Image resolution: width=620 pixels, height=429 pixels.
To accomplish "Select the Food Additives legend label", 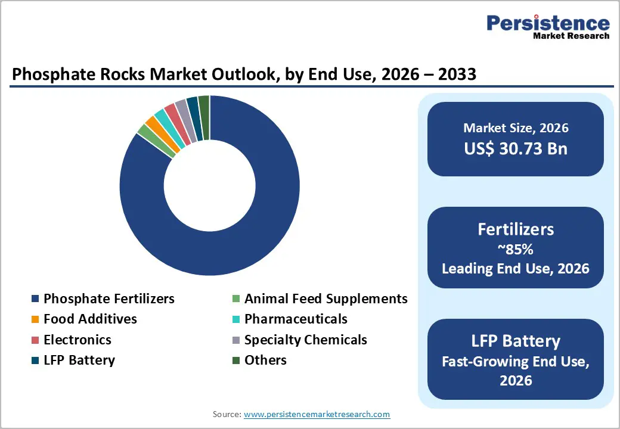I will coord(90,319).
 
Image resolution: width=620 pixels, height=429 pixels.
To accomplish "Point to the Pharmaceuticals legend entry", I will coord(296,319).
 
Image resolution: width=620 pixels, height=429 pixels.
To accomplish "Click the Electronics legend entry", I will coord(77,340).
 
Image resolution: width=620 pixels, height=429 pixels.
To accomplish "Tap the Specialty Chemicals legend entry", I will coord(305,340).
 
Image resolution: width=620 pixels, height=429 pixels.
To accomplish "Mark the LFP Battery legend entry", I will coord(79,360).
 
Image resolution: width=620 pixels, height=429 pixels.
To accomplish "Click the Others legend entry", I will coord(265,360).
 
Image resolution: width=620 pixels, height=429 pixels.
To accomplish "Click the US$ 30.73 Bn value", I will coord(516,148).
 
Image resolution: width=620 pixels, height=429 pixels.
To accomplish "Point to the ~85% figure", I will coord(516,250).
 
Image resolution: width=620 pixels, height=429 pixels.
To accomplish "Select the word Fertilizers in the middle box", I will coord(516,229).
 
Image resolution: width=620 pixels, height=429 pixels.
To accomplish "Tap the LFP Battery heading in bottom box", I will coord(516,341).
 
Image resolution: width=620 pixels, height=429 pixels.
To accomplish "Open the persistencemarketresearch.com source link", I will coord(317,414).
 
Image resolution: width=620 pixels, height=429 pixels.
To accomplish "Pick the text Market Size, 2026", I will coord(516,128).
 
